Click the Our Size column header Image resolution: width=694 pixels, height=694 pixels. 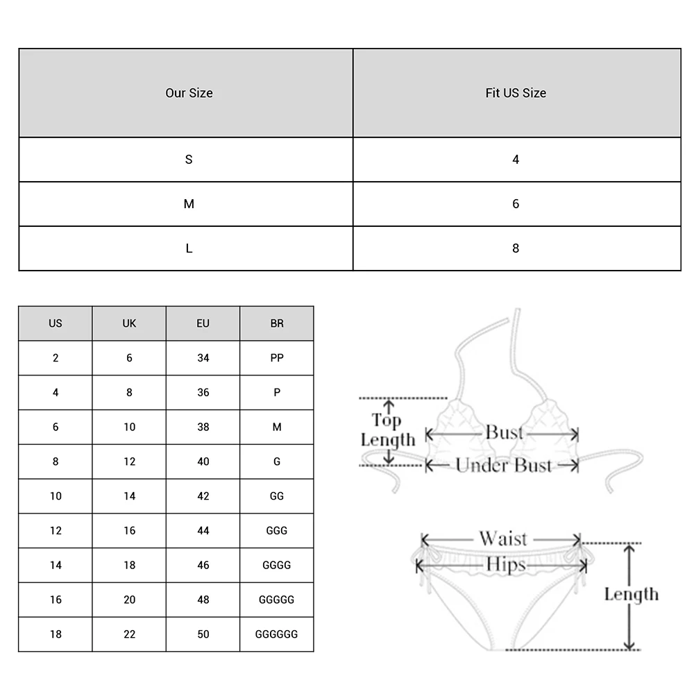click(189, 93)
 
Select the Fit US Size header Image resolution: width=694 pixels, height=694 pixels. click(516, 93)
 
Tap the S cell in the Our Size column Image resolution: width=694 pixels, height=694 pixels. click(189, 160)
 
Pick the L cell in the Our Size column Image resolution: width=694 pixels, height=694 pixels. click(189, 248)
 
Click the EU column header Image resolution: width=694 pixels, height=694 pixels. click(203, 323)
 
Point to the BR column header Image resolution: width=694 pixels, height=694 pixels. click(277, 323)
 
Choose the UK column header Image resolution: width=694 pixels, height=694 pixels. click(129, 323)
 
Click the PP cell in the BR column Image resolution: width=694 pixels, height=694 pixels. click(277, 358)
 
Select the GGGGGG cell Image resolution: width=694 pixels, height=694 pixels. click(277, 634)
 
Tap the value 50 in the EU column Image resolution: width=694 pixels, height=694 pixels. click(203, 634)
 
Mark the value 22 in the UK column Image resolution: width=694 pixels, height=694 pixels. click(129, 634)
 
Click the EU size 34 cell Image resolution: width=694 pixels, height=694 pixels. click(203, 358)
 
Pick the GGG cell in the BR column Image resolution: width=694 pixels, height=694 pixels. click(277, 531)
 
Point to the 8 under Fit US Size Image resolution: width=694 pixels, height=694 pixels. click(516, 248)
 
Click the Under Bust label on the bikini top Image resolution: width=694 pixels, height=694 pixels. click(504, 466)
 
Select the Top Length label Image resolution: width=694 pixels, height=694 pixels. click(387, 430)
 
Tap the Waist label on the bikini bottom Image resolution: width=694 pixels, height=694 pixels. click(502, 539)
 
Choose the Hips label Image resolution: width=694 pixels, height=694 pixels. click(506, 564)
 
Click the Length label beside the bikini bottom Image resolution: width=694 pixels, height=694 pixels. click(631, 594)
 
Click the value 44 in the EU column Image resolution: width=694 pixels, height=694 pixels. click(203, 531)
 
